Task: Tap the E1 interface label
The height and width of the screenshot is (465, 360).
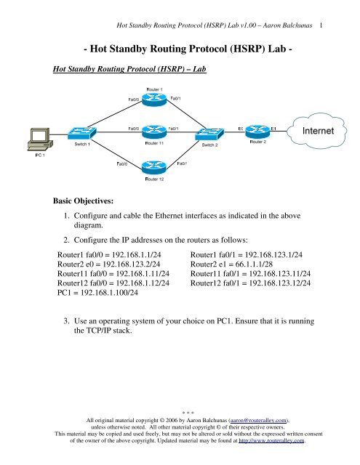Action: pyautogui.click(x=273, y=127)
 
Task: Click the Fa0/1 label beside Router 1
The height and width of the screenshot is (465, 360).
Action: pyautogui.click(x=175, y=97)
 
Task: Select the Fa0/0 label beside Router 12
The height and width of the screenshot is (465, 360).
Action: pyautogui.click(x=122, y=165)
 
